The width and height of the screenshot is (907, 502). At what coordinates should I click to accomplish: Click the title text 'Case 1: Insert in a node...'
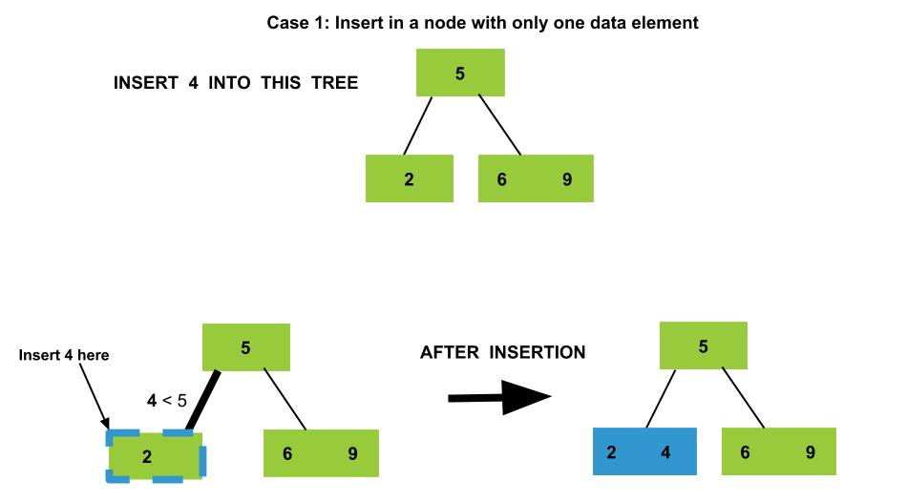tap(482, 23)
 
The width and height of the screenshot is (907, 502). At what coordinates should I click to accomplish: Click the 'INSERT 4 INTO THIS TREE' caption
tap(236, 83)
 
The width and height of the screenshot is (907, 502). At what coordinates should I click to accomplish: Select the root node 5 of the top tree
tap(460, 73)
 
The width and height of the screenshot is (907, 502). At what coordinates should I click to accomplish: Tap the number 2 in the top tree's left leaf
tap(409, 179)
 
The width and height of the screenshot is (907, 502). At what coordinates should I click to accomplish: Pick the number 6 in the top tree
tap(501, 179)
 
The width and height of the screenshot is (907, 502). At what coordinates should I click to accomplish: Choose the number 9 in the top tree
tap(567, 179)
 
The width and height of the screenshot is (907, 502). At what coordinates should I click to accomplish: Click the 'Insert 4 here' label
tap(64, 355)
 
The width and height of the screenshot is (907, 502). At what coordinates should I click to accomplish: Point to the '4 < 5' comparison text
tap(166, 400)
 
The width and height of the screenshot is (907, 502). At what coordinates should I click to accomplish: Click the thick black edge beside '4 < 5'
tap(203, 401)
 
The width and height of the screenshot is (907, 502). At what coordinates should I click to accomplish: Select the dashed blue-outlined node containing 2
tap(156, 456)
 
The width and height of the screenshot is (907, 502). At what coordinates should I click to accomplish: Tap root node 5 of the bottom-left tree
tap(245, 347)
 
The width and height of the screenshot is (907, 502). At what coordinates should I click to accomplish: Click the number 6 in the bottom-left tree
tap(287, 453)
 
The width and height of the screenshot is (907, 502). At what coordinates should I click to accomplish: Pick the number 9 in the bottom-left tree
tap(352, 453)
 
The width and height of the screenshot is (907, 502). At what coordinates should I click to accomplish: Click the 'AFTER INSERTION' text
tap(502, 352)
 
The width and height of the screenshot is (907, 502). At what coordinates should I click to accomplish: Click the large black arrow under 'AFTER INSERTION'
tap(499, 397)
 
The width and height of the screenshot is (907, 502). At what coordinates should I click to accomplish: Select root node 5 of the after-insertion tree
tap(704, 345)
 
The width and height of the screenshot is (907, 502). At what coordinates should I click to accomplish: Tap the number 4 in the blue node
tap(665, 451)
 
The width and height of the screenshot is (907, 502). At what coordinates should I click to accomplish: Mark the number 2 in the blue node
tap(611, 451)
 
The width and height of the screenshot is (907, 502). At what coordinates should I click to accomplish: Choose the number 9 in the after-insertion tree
tap(811, 451)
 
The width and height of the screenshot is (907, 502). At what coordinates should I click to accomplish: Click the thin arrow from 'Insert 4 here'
tap(94, 397)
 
